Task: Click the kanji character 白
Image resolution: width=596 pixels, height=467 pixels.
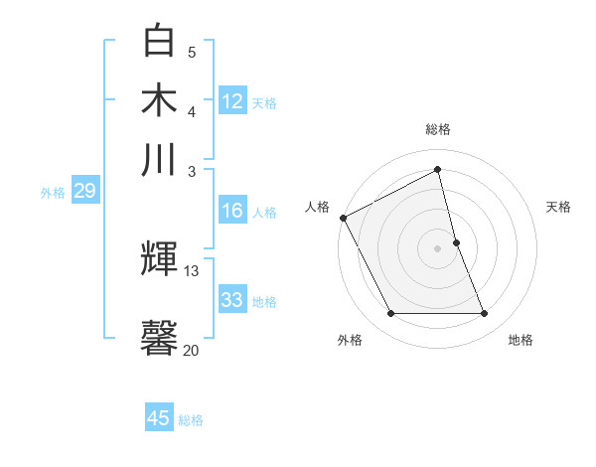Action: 160,41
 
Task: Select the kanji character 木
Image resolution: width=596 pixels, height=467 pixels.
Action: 160,99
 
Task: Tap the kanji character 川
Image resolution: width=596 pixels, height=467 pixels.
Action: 160,158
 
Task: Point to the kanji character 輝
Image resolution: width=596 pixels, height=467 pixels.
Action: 160,260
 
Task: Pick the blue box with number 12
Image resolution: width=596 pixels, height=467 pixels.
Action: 232,101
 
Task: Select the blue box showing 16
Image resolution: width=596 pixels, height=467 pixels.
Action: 232,211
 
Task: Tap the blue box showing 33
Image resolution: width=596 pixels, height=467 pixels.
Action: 232,300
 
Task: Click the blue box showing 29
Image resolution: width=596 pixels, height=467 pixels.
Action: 84,191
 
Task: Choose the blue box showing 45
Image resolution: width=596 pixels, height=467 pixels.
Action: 159,418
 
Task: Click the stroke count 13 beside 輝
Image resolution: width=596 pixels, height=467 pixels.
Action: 191,270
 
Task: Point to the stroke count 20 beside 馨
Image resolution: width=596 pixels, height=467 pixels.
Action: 191,349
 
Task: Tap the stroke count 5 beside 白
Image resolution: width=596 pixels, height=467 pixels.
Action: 192,51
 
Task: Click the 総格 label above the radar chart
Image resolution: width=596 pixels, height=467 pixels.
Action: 438,129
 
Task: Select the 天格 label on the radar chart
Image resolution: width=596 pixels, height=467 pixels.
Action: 559,207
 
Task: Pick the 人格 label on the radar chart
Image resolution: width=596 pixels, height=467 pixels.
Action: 317,207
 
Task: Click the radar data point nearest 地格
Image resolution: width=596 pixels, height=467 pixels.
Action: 485,314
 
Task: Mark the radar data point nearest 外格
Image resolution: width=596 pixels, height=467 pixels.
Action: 390,314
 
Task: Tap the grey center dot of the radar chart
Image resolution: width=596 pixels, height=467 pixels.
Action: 438,248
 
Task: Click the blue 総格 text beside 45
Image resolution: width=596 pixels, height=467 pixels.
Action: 191,420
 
